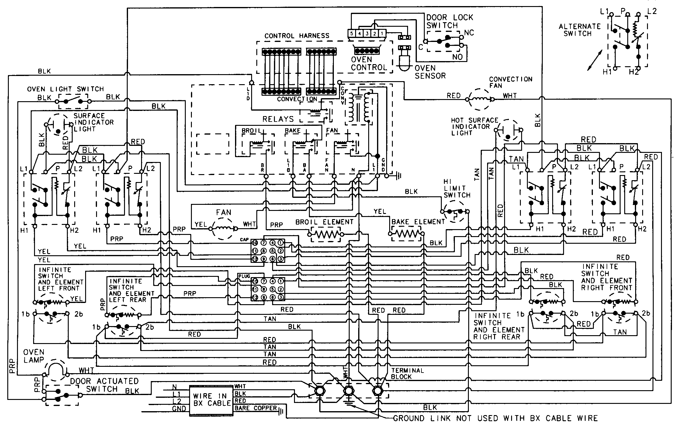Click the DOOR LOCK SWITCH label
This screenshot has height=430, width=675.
click(449, 21)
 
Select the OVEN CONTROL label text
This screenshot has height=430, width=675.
click(368, 64)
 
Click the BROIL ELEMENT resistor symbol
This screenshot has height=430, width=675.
click(325, 234)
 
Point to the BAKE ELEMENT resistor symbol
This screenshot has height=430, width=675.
click(406, 234)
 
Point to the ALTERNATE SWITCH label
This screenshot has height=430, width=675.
click(580, 30)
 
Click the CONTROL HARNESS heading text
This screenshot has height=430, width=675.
click(296, 36)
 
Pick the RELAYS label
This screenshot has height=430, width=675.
click(278, 119)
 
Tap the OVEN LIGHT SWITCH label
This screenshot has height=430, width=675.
click(65, 89)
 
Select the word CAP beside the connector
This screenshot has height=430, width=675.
click(244, 239)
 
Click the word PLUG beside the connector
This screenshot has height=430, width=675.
click(244, 276)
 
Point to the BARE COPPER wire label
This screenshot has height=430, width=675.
click(255, 408)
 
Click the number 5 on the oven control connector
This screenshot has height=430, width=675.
click(351, 33)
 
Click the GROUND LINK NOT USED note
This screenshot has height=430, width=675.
click(495, 418)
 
